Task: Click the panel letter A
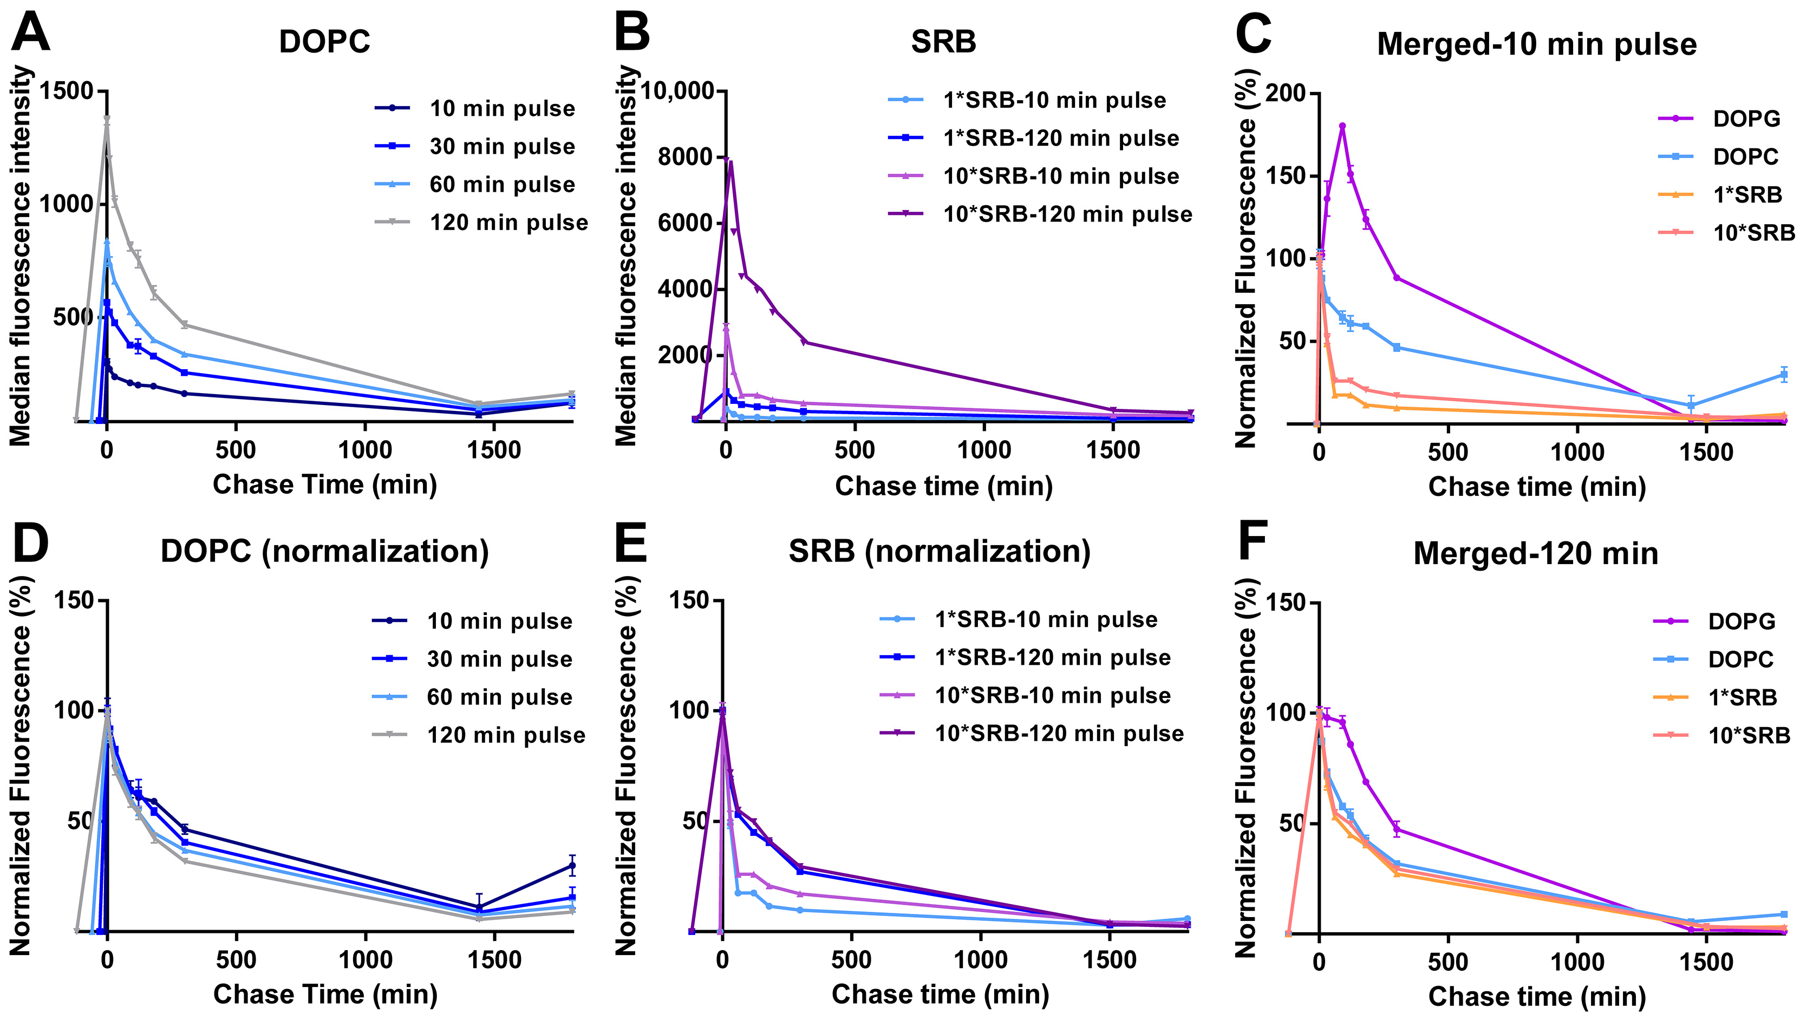pos(31,33)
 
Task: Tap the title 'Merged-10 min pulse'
pos(1536,44)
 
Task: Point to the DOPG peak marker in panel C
pos(1342,127)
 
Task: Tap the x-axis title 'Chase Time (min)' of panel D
pos(325,994)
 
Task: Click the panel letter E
pos(630,543)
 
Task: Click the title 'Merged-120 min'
pos(1535,553)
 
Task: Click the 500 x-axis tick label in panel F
pos(1447,961)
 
